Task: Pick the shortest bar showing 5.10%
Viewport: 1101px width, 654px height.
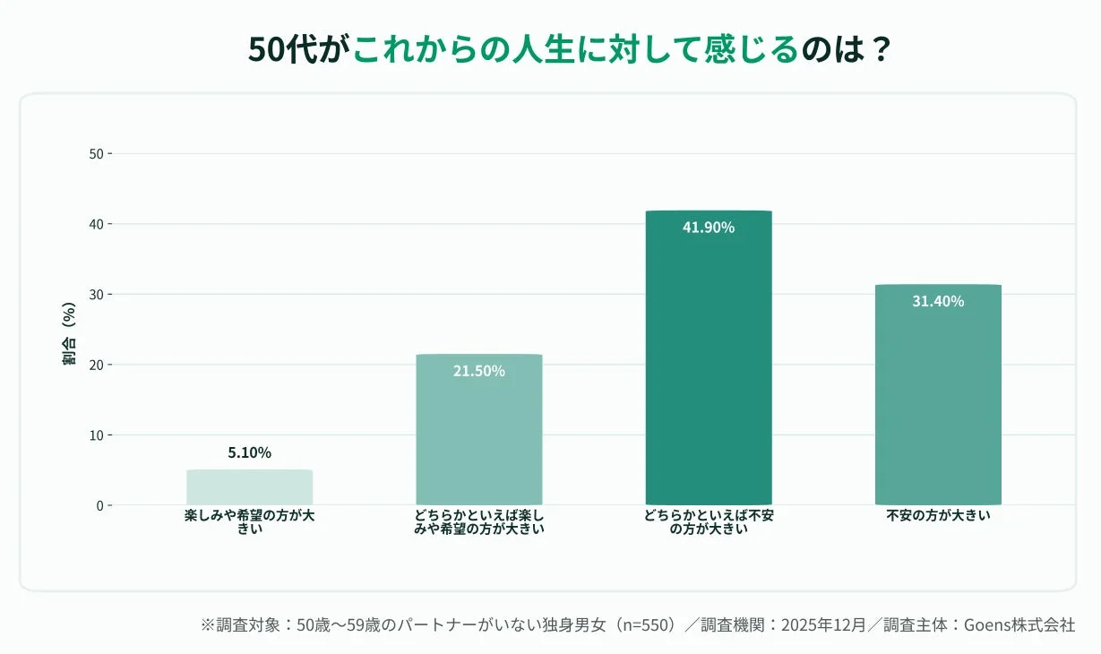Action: tap(249, 487)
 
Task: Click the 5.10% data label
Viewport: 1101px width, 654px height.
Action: tap(249, 453)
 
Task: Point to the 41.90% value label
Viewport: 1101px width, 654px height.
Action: tap(708, 228)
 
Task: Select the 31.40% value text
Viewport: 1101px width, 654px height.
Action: tap(938, 302)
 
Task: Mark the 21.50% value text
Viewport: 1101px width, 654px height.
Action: tap(479, 371)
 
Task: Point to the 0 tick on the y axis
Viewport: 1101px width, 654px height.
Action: tap(99, 505)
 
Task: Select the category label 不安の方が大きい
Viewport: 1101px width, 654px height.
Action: tap(938, 516)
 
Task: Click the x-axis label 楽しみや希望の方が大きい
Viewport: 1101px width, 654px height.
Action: tap(249, 522)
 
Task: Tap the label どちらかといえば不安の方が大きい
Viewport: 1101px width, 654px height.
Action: tap(708, 522)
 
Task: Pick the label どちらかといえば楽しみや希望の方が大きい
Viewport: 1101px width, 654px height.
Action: tap(479, 522)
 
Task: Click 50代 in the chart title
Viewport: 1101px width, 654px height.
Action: tap(281, 49)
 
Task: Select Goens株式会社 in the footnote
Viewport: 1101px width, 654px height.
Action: tap(1019, 625)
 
